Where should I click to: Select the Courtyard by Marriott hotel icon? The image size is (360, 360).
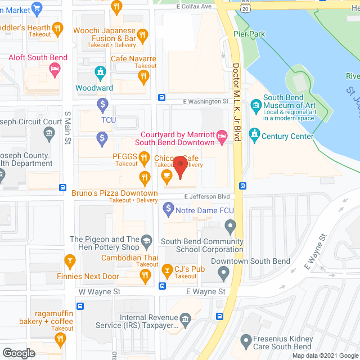(x=222, y=135)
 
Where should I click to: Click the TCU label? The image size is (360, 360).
(x=109, y=120)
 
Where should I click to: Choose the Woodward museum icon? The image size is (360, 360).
(x=100, y=72)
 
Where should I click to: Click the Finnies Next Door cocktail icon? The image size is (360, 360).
(x=70, y=260)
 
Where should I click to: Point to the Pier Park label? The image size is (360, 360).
(x=249, y=33)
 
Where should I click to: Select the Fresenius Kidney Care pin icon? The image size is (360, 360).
(x=245, y=340)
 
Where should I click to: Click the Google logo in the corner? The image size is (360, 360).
(x=19, y=353)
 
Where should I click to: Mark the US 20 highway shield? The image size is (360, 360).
(x=228, y=4)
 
